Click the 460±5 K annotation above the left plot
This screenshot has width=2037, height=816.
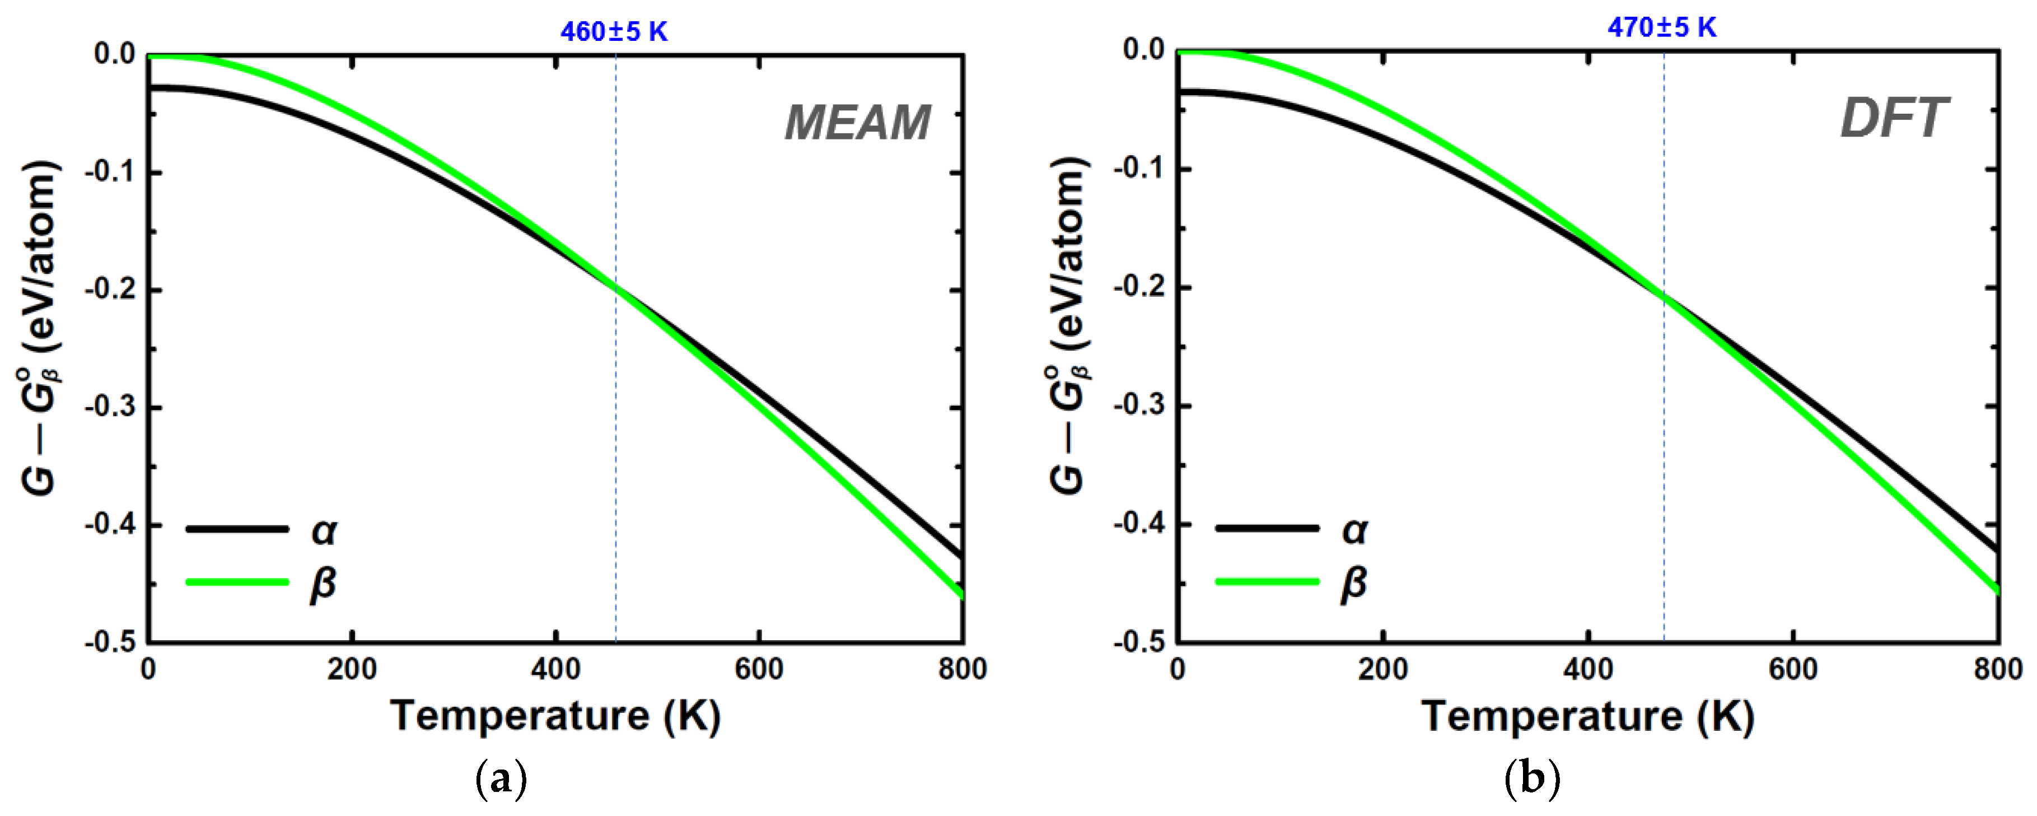point(614,31)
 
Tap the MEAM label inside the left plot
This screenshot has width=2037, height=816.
point(857,123)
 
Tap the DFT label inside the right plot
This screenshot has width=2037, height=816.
point(1893,119)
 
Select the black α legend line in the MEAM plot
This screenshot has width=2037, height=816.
point(237,528)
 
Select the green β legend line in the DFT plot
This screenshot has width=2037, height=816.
point(1267,582)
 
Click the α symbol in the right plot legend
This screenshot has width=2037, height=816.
point(1354,530)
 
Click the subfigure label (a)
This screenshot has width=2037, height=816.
point(501,780)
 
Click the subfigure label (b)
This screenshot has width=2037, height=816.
point(1532,780)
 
